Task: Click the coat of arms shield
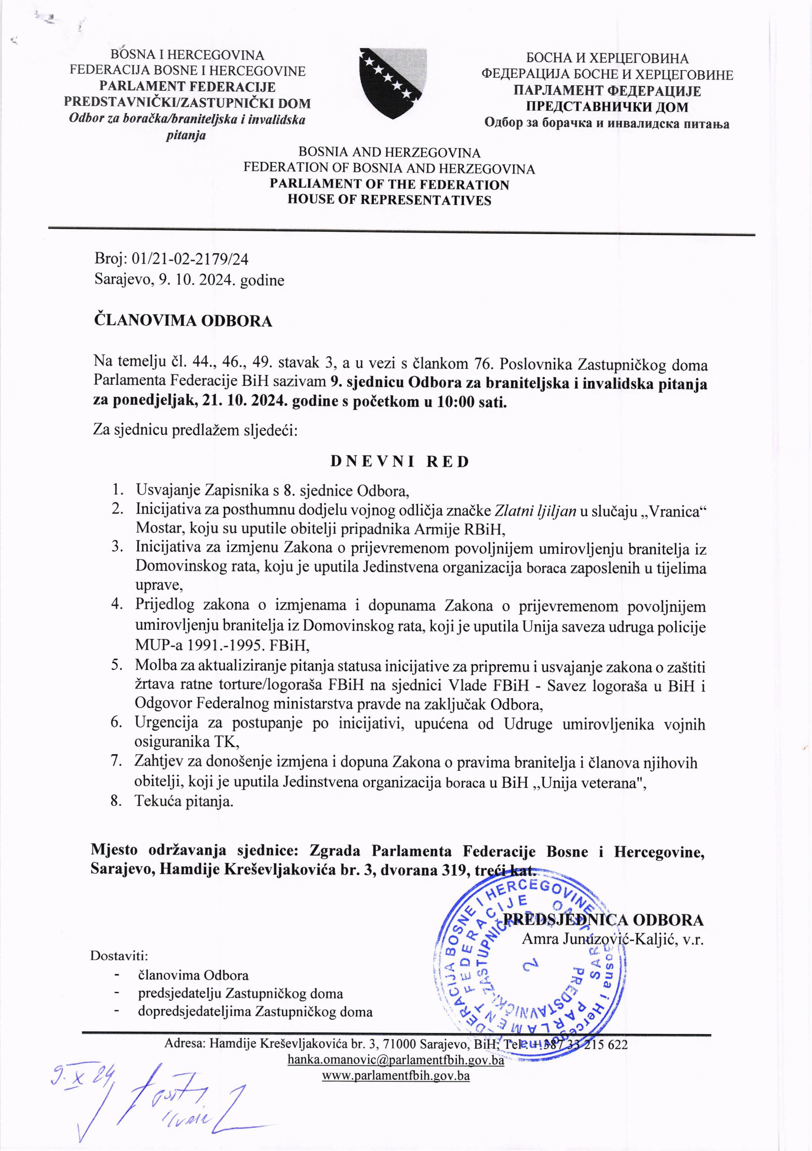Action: [x=393, y=83]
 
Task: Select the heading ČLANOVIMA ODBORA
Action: [x=183, y=321]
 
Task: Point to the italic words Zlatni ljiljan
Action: [x=535, y=510]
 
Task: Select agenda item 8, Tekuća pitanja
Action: [x=184, y=801]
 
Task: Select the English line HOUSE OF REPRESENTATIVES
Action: [x=389, y=200]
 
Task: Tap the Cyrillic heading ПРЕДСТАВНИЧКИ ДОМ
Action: [x=607, y=107]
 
